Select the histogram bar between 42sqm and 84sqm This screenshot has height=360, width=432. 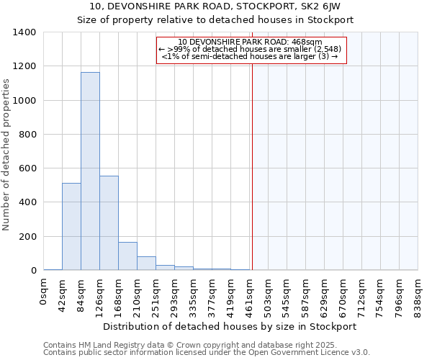71,227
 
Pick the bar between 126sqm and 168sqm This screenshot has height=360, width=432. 109,223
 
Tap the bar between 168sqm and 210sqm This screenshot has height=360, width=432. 127,256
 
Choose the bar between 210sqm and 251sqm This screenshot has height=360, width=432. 146,264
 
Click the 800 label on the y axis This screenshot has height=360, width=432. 27,135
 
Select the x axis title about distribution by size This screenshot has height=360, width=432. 230,327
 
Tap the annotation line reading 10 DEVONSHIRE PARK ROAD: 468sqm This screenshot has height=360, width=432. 251,42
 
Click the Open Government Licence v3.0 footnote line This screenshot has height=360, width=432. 207,353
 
